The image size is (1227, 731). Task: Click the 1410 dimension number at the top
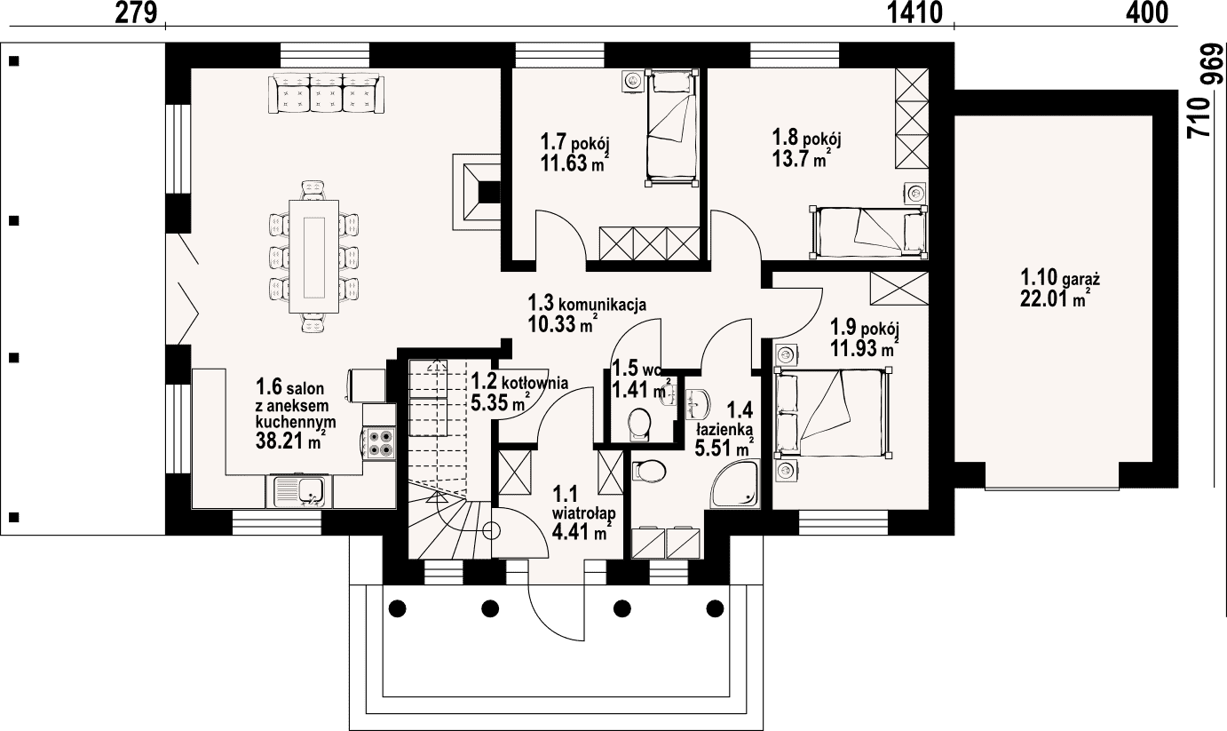(x=914, y=13)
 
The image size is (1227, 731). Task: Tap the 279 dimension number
(x=136, y=13)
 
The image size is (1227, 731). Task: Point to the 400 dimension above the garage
(x=1146, y=13)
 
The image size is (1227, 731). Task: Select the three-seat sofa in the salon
(x=326, y=94)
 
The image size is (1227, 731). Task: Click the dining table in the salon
(x=314, y=257)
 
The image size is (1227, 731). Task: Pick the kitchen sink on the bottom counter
(x=300, y=491)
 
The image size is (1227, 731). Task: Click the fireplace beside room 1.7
(x=476, y=192)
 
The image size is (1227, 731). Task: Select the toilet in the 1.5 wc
(x=638, y=425)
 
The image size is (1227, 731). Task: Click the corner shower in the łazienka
(x=736, y=484)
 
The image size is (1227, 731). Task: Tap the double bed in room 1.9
(x=833, y=413)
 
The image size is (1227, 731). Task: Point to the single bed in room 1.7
(x=673, y=128)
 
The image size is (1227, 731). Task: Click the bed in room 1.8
(x=868, y=232)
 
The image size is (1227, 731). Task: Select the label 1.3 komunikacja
(x=587, y=303)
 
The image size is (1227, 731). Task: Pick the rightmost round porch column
(x=715, y=608)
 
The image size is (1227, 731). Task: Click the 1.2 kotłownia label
(x=519, y=382)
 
